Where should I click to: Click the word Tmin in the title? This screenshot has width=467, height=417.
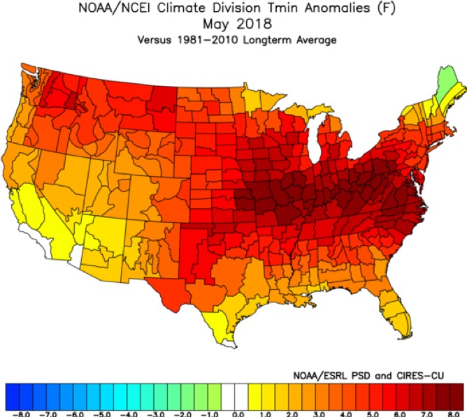(x=283, y=8)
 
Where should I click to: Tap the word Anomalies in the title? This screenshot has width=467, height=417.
(x=338, y=8)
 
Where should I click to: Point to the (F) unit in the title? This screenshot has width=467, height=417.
(x=387, y=8)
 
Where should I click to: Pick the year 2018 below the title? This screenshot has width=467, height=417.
(x=254, y=24)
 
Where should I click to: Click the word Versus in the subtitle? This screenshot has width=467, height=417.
(x=155, y=40)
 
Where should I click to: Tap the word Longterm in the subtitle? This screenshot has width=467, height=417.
(x=267, y=41)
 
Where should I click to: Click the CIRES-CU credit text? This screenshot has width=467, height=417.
(x=420, y=376)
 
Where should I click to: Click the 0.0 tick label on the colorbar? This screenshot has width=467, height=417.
(x=238, y=414)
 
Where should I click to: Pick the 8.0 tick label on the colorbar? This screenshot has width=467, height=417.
(x=453, y=414)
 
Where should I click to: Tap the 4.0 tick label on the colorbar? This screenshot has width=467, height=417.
(x=345, y=414)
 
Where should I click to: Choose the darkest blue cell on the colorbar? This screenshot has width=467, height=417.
(x=12, y=397)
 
